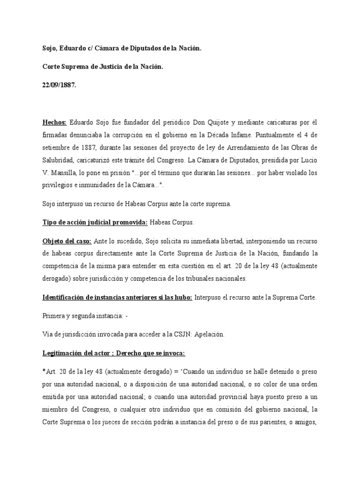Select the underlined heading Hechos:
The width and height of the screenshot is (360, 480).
[54, 122]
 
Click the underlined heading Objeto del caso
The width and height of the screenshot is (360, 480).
[67, 241]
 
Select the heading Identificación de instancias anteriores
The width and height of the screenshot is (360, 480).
[117, 298]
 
